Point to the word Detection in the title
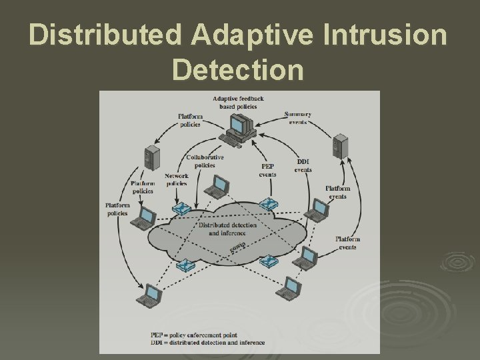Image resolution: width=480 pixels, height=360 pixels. (x=237, y=69)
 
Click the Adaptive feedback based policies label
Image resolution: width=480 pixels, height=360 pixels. (x=238, y=103)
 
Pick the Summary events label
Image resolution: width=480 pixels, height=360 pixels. (x=297, y=118)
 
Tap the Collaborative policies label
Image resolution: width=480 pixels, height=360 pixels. (x=205, y=160)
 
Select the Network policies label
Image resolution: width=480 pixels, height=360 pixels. (x=177, y=179)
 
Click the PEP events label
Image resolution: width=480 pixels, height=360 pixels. (x=267, y=169)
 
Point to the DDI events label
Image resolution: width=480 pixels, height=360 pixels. (x=303, y=166)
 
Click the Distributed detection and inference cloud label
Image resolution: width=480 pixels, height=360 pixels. (x=227, y=229)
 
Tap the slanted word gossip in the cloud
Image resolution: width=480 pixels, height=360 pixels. (x=238, y=248)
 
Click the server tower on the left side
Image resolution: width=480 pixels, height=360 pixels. (x=151, y=159)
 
